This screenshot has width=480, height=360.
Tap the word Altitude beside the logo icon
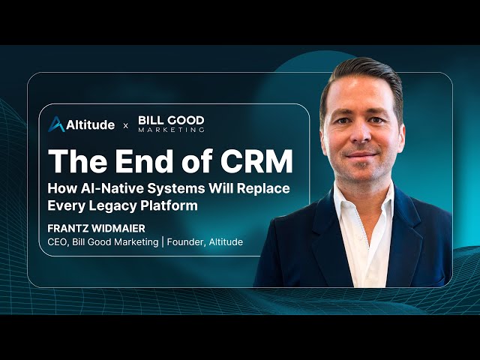91,124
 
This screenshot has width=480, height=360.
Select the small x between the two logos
125,125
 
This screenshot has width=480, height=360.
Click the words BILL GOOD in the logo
171,120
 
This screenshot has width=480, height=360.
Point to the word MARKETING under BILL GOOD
171,130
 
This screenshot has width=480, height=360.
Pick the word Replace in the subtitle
262,188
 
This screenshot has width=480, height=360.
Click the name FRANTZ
72,228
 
